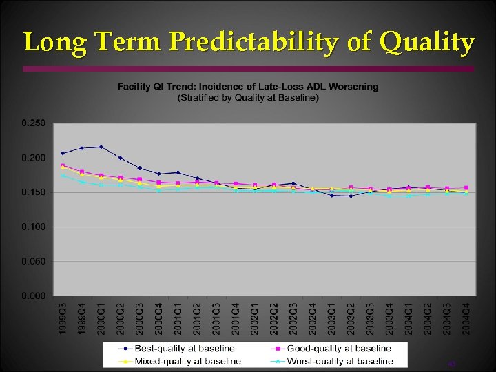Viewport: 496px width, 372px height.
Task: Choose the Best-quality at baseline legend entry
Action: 183,349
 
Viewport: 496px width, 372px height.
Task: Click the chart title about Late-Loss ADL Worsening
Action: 248,87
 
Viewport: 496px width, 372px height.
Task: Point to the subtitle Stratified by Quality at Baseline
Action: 248,97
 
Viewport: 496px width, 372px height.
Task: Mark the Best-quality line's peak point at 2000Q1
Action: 101,147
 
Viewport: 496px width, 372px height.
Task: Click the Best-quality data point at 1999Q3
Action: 63,153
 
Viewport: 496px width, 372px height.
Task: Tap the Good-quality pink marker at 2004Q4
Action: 466,187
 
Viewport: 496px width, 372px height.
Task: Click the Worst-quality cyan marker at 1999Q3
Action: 63,175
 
